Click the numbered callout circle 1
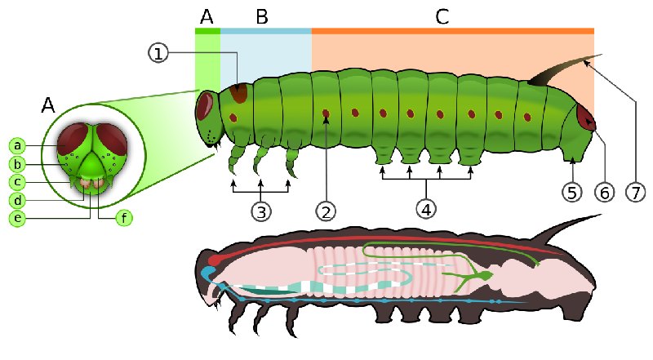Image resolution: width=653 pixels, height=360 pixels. pos(158,53)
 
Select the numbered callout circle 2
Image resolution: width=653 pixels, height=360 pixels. pos(326,211)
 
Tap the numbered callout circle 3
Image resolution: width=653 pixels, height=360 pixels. pos(261,211)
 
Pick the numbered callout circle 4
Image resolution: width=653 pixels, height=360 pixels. pos(426,209)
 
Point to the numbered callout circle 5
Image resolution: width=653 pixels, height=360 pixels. pos(572,193)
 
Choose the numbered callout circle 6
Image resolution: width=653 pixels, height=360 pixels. pos(604,193)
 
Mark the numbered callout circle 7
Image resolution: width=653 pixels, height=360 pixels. pos(636,193)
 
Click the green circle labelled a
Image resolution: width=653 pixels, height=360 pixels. pos(17,145)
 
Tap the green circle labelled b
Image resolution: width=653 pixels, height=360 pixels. pos(17,164)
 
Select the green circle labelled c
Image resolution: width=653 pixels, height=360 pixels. pos(17,182)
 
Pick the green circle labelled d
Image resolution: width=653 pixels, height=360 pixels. pos(17,201)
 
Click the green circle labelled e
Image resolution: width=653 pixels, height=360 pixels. pos(17,218)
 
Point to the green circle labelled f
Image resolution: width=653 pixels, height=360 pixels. pos(124,217)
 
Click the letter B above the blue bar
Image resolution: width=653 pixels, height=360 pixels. pos(262,17)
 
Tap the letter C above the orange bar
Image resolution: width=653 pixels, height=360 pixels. pos(442,17)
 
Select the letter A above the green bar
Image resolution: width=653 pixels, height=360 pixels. pos(207,17)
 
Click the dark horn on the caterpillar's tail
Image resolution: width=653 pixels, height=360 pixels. pos(558,71)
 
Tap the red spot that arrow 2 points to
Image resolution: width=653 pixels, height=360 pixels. pos(326,113)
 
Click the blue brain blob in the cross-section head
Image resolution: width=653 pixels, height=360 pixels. pos(207,273)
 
